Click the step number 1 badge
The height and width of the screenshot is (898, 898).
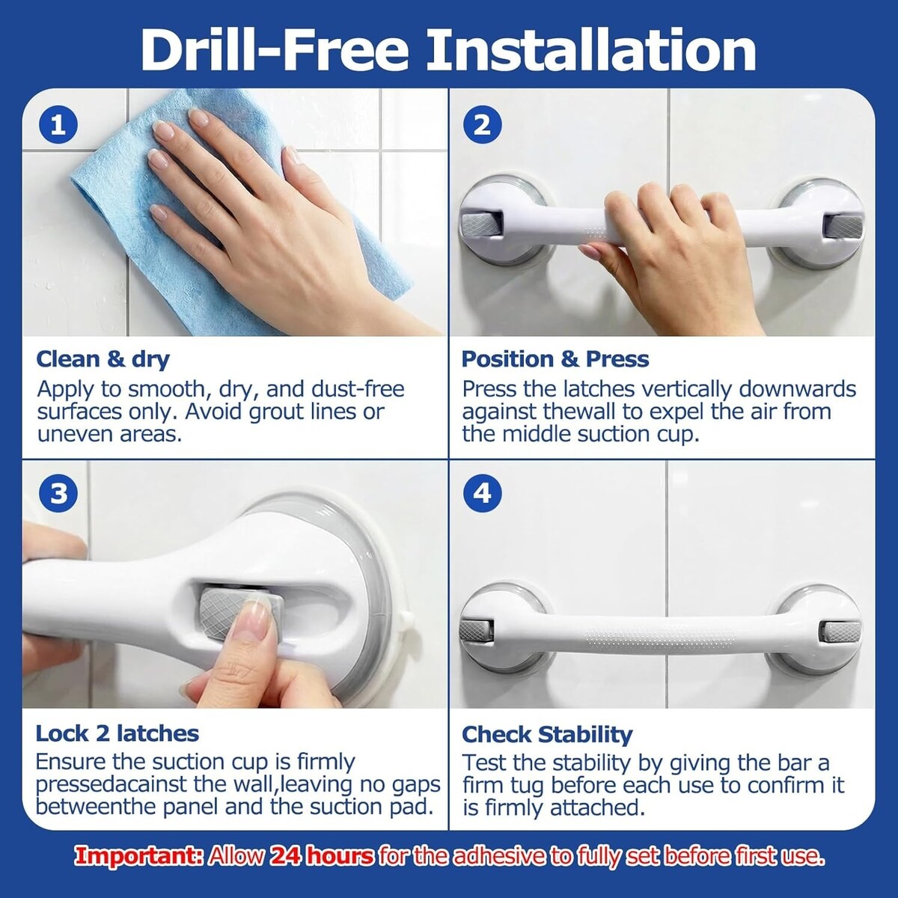(58, 126)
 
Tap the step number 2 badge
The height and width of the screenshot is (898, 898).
(483, 126)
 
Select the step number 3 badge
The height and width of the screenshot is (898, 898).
(58, 494)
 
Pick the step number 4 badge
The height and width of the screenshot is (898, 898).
(483, 494)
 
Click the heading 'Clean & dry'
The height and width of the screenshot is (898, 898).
(103, 360)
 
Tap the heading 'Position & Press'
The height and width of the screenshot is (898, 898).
(555, 359)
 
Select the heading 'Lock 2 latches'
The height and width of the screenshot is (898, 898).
(117, 733)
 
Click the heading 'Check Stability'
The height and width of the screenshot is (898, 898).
(547, 735)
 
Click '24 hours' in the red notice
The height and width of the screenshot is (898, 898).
(323, 856)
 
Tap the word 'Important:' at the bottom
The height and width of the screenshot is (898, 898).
(139, 857)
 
